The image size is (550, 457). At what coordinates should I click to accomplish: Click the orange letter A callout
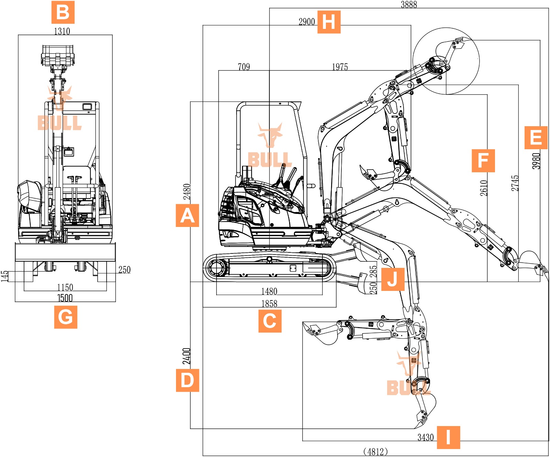point(187,216)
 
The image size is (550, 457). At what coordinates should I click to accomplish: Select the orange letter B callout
point(63,12)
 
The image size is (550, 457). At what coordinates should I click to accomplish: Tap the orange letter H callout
point(329,22)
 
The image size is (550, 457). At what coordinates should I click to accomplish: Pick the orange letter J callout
point(393,279)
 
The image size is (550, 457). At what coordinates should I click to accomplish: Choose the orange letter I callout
point(448,437)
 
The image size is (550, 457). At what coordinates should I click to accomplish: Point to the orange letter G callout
point(66,317)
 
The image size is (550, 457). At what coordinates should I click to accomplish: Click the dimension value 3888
point(409,4)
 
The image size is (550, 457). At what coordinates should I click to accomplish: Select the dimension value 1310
point(62,31)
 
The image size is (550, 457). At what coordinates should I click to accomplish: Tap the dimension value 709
point(244,67)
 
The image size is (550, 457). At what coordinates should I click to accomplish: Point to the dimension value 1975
point(340,67)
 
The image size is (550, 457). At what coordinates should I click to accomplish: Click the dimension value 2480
point(187,192)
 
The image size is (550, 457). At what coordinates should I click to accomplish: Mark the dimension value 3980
point(536,161)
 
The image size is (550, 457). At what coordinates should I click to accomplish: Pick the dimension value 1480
point(269,292)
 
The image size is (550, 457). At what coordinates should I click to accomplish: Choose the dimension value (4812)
point(375,451)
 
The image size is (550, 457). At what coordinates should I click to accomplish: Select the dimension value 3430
point(426,437)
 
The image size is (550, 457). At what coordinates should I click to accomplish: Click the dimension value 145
point(4,276)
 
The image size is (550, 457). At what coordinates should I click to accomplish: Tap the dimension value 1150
point(65,287)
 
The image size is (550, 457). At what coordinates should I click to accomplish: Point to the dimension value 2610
point(484,188)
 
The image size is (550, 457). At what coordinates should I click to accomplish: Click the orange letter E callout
point(536,138)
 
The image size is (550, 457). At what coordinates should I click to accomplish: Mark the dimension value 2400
point(187,356)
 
